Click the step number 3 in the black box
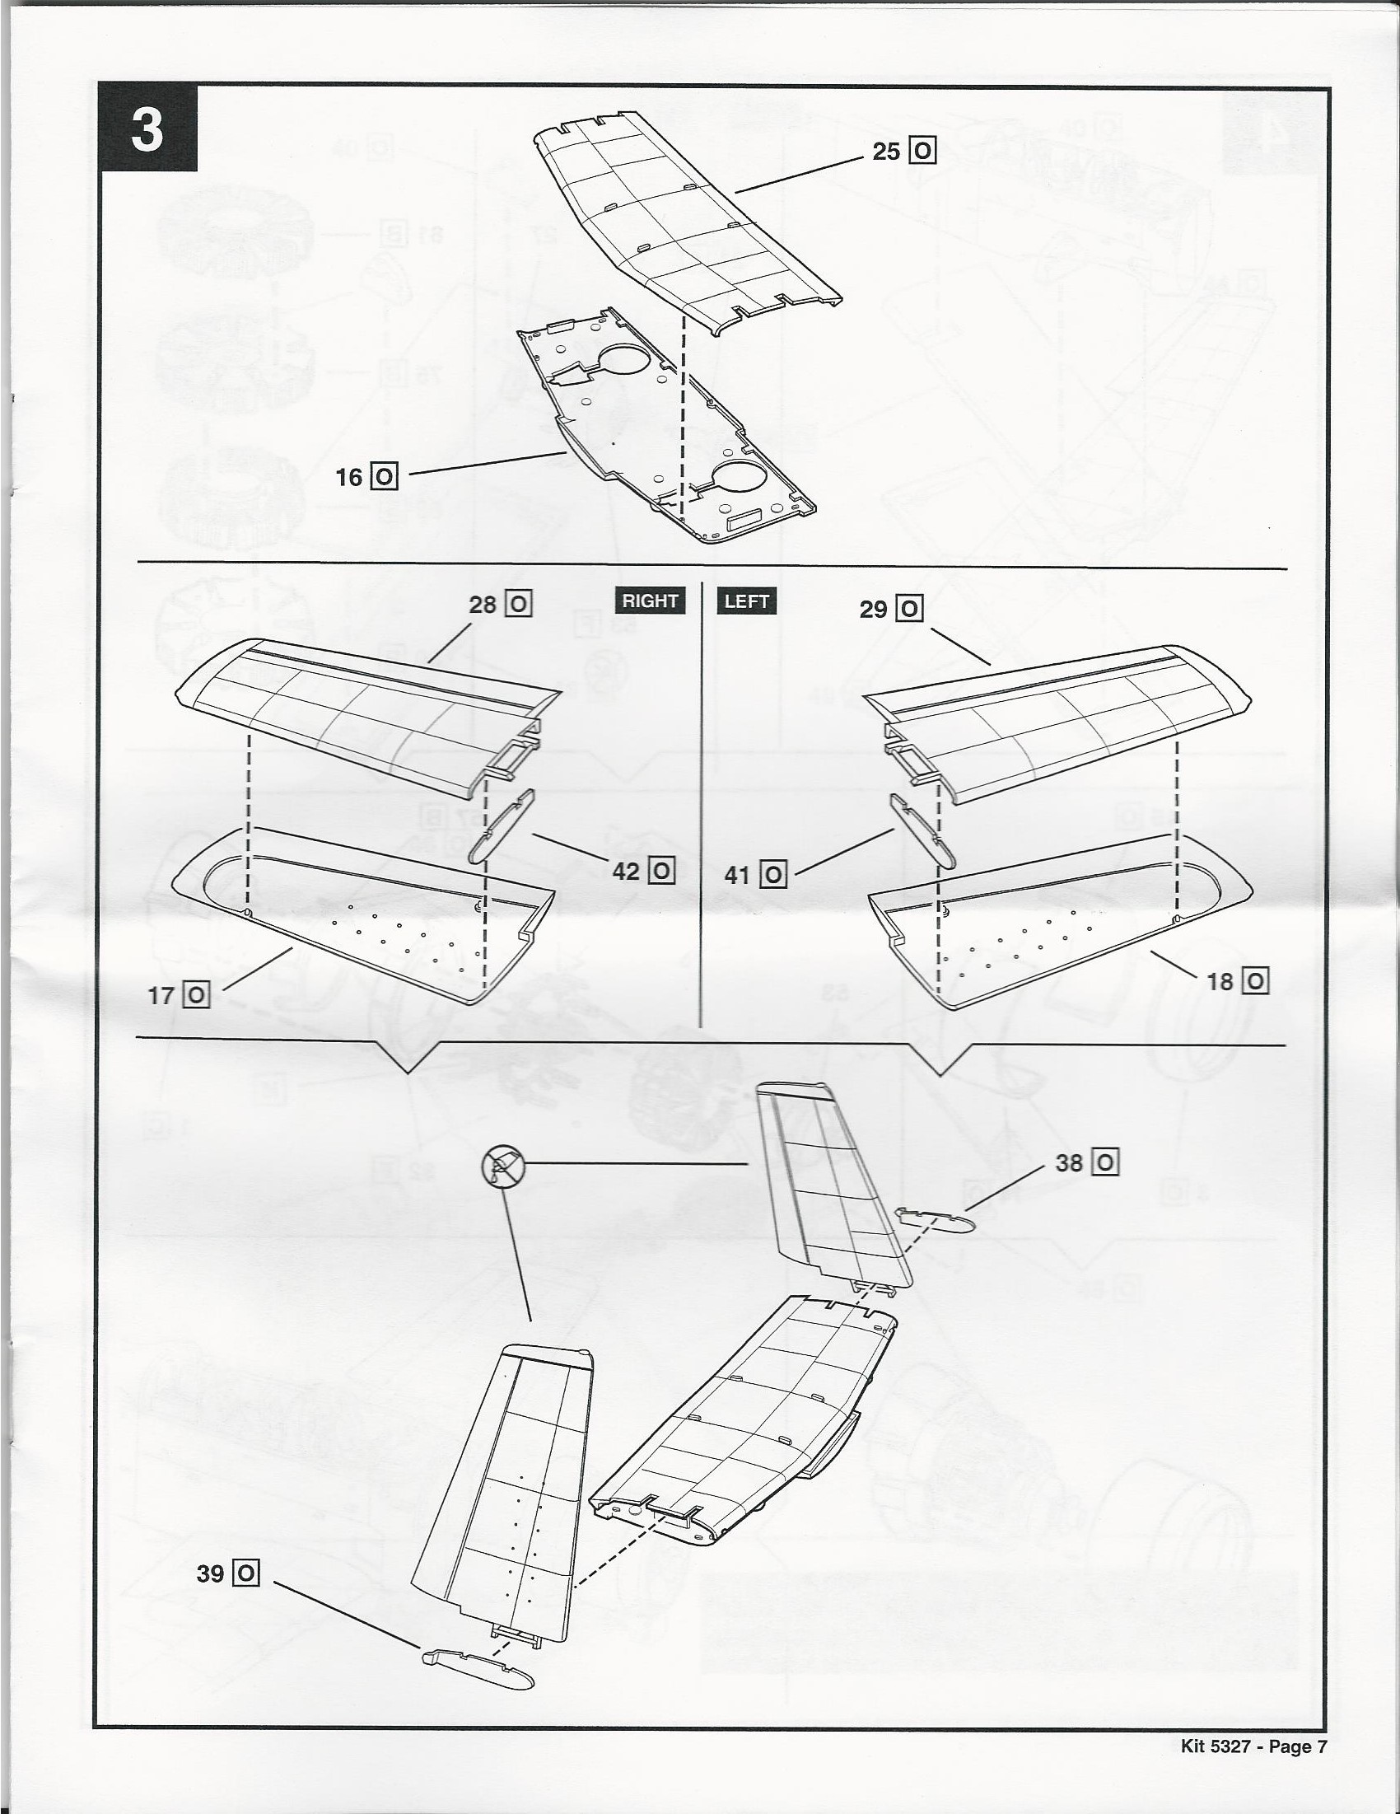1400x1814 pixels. [x=147, y=129]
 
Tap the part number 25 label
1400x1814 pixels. [x=903, y=152]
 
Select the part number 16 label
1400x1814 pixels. [x=366, y=477]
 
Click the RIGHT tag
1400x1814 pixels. [x=651, y=601]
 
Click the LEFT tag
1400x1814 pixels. [x=746, y=601]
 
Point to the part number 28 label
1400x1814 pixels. [x=500, y=604]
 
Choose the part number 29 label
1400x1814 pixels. [x=891, y=609]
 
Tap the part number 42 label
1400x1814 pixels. [x=642, y=871]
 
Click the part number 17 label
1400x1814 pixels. [x=179, y=994]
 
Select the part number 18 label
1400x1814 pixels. [x=1237, y=982]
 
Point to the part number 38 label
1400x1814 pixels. [x=1087, y=1163]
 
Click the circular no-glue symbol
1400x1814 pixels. [x=503, y=1165]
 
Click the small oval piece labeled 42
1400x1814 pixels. [x=502, y=827]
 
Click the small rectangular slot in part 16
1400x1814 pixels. [x=744, y=523]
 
